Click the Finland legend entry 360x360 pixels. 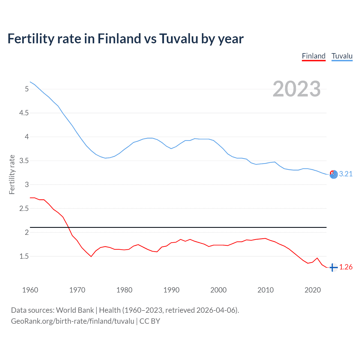point(314,56)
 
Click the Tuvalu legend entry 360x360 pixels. point(342,56)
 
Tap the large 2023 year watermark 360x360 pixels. point(297,89)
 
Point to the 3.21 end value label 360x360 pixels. point(346,174)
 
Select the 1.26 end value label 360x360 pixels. point(346,267)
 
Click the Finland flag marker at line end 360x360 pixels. point(333,267)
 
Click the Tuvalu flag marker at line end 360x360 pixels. point(334,175)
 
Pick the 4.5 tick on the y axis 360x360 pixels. point(24,113)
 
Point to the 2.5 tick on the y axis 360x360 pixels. point(24,209)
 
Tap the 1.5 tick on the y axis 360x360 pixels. point(24,256)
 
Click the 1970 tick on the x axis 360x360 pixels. point(77,290)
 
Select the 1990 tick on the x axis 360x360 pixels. point(171,290)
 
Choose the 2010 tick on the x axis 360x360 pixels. point(265,290)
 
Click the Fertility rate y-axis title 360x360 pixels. point(12,174)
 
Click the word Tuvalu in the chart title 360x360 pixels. point(179,39)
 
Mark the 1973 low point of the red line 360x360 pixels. point(91,256)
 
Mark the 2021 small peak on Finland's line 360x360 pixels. point(317,258)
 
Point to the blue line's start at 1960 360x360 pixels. point(30,82)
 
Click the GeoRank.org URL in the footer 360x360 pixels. point(73,321)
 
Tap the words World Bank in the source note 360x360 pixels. point(75,310)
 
